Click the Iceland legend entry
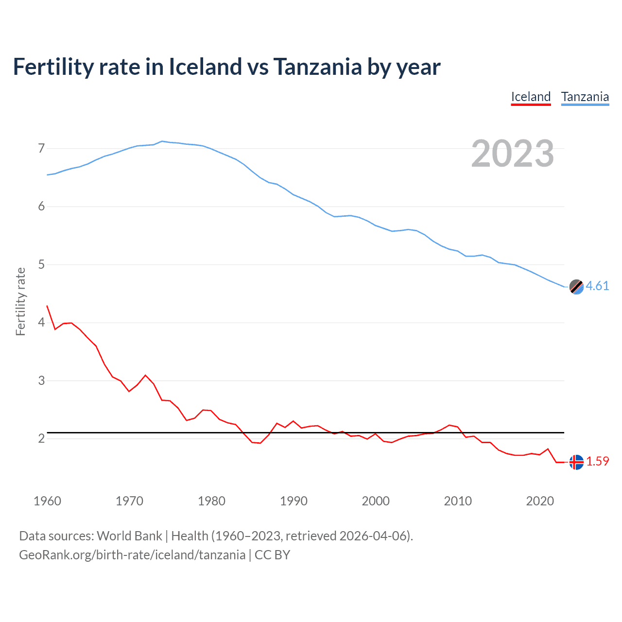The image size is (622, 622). click(531, 97)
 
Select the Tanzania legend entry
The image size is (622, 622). click(585, 97)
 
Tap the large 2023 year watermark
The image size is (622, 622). click(513, 154)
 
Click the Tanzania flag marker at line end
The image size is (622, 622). click(576, 287)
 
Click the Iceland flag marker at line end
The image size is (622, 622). click(576, 462)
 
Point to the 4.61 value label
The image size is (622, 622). click(597, 286)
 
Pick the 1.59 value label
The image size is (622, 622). click(597, 461)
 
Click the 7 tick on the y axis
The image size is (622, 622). click(41, 148)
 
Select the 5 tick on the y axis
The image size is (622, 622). click(41, 264)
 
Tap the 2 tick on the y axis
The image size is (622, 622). click(41, 438)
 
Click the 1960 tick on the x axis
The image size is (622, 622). click(47, 501)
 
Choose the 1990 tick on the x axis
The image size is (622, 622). click(294, 501)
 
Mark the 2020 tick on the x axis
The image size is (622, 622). click(540, 501)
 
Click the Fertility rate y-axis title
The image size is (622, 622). click(20, 301)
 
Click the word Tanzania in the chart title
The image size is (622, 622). click(317, 67)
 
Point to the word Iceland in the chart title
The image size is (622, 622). click(205, 67)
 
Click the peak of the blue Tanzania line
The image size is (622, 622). click(162, 141)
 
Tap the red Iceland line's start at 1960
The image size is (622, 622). click(47, 306)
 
